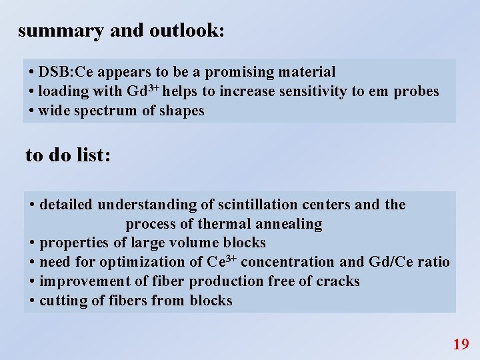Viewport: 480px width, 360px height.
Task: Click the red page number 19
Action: [461, 344]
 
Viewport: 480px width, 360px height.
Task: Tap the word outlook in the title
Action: [185, 31]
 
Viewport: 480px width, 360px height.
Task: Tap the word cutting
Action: [62, 301]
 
